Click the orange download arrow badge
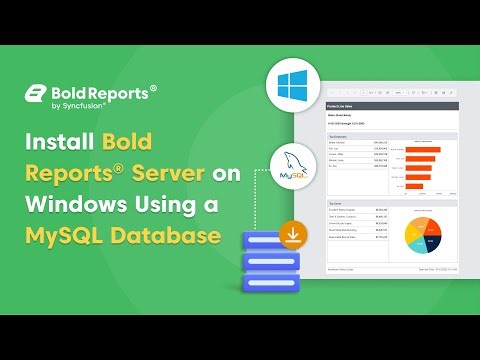[294, 236]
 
